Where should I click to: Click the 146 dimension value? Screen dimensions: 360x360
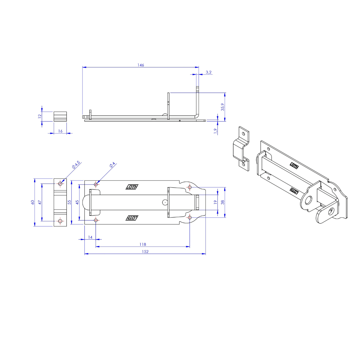tap(141, 65)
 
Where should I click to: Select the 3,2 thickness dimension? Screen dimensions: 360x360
tap(208, 72)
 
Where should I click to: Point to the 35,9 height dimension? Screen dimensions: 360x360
tap(223, 107)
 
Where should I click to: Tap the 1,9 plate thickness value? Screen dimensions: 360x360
tap(216, 131)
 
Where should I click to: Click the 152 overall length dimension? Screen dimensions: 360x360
tap(145, 251)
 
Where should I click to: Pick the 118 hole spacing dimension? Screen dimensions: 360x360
tap(143, 244)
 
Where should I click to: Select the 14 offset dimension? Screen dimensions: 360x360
tap(90, 237)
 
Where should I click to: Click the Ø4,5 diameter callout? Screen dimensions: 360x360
tap(76, 165)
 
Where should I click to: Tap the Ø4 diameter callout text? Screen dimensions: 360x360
tap(112, 165)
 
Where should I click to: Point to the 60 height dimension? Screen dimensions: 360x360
tap(32, 202)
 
